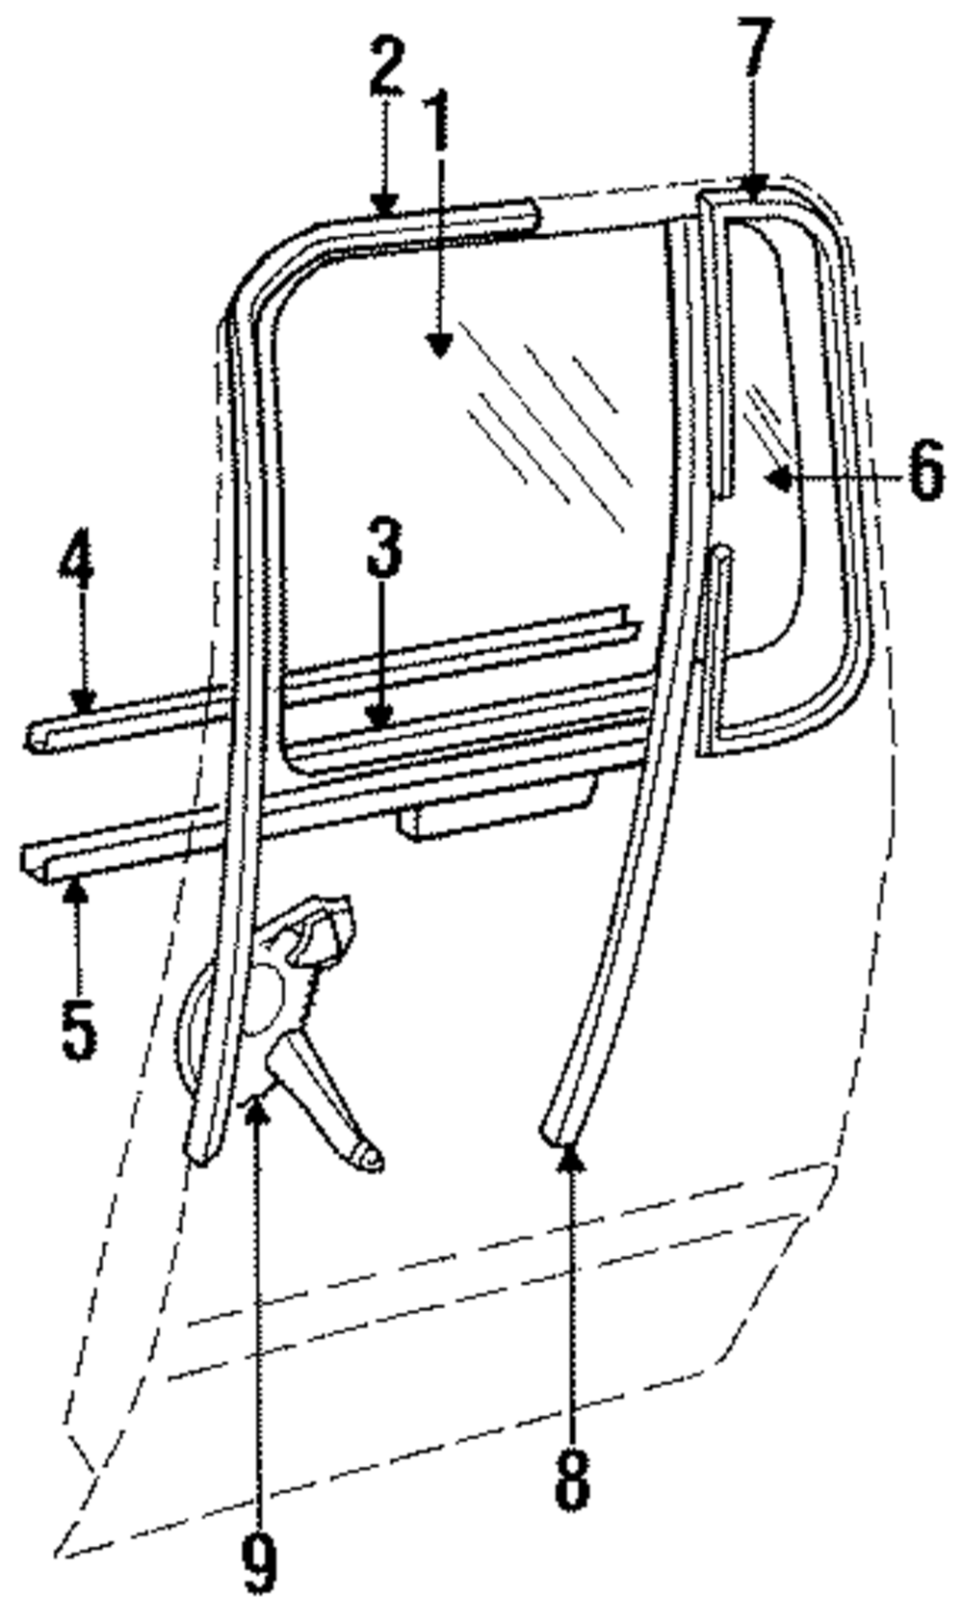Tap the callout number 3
coord(382,547)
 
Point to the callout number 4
coord(77,562)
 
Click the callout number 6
coord(924,472)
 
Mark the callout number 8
coord(572,1480)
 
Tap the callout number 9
coord(259,1562)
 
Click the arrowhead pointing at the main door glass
coord(439,345)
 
